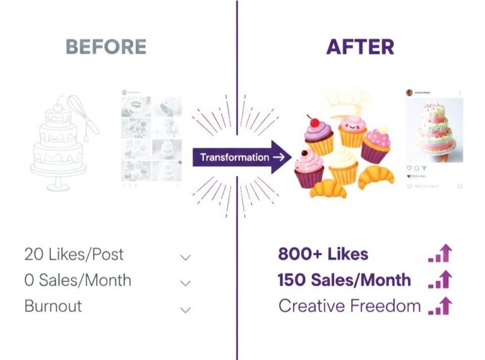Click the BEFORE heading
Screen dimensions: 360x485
(106, 47)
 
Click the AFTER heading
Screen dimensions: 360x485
(360, 47)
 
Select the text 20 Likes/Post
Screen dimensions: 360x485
(74, 255)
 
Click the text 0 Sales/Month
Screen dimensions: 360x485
(78, 280)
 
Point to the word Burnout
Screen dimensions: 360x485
(53, 306)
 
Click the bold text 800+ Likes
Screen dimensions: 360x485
(323, 255)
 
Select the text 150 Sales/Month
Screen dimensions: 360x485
(344, 280)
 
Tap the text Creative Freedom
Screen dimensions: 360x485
(349, 306)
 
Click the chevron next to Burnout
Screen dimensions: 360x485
(185, 309)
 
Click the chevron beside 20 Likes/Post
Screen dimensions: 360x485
(185, 258)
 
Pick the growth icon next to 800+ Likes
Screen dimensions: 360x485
(441, 254)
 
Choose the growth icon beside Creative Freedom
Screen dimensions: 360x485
(441, 306)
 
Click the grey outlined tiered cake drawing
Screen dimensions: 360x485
(58, 148)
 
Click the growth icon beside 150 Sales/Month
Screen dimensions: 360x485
(441, 280)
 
